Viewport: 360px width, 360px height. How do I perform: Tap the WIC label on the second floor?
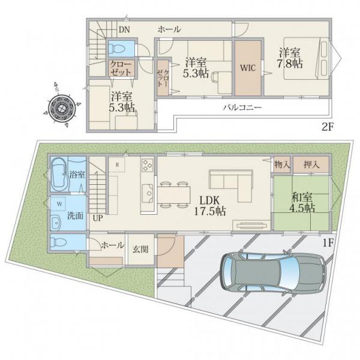248,68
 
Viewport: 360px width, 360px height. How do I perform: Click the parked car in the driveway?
273,274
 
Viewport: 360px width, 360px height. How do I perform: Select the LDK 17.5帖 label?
210,206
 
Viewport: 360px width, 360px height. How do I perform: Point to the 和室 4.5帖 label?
302,203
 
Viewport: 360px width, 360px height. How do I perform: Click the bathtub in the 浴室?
59,175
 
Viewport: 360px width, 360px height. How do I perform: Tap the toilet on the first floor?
58,242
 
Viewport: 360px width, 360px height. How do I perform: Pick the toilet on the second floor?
117,49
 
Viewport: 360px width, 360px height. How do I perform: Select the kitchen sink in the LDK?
147,193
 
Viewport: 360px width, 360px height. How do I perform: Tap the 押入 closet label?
311,164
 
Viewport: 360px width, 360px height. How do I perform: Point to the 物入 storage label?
282,164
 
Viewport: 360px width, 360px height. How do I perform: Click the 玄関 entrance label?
140,250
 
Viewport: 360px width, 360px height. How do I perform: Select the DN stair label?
124,29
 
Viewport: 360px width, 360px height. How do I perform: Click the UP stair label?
98,218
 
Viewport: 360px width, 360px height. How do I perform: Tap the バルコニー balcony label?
242,107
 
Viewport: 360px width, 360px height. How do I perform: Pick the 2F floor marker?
327,127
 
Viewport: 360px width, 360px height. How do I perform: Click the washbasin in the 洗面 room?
56,222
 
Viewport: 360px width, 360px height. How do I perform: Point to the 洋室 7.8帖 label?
290,58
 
